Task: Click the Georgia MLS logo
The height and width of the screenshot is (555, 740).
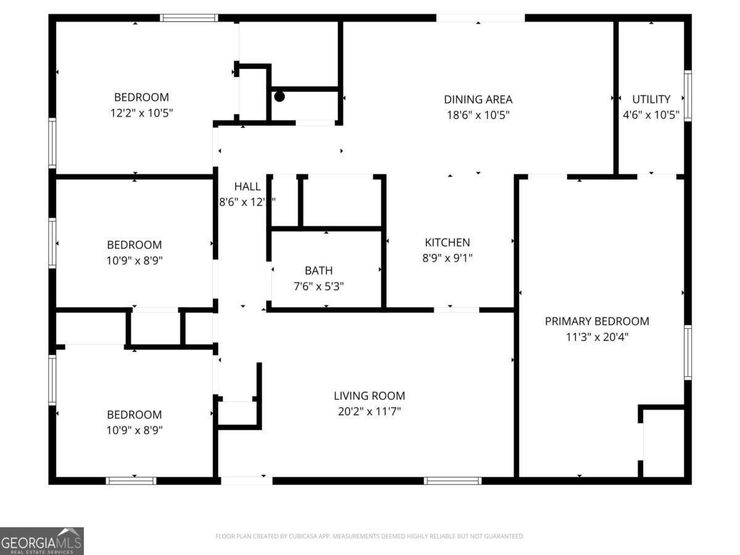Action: (x=41, y=541)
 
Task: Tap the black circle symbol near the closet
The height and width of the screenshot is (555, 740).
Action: (x=279, y=96)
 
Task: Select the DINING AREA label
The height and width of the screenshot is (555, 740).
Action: (x=478, y=99)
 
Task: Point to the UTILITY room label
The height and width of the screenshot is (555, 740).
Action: (x=651, y=99)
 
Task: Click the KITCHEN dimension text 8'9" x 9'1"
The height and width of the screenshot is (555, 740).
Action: (x=447, y=258)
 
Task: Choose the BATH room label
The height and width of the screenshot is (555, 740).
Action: (x=319, y=271)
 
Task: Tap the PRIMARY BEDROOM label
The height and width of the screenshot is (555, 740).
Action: (x=596, y=321)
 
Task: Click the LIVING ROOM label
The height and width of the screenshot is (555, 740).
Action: (x=369, y=396)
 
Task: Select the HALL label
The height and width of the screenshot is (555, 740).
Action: (x=247, y=186)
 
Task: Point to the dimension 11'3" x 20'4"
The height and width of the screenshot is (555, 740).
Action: (x=596, y=337)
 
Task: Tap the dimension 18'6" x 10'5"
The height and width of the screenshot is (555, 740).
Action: (x=478, y=115)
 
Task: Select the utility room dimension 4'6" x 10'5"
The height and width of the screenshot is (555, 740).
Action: (x=651, y=115)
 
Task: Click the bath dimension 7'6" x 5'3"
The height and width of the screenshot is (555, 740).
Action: (x=319, y=287)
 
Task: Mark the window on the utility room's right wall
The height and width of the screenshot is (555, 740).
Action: (x=687, y=96)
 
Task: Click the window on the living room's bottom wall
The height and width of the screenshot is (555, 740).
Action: (x=453, y=480)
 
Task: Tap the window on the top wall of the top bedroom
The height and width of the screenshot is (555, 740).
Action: (x=189, y=18)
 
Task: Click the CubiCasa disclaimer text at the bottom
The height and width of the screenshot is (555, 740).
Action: (x=369, y=536)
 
